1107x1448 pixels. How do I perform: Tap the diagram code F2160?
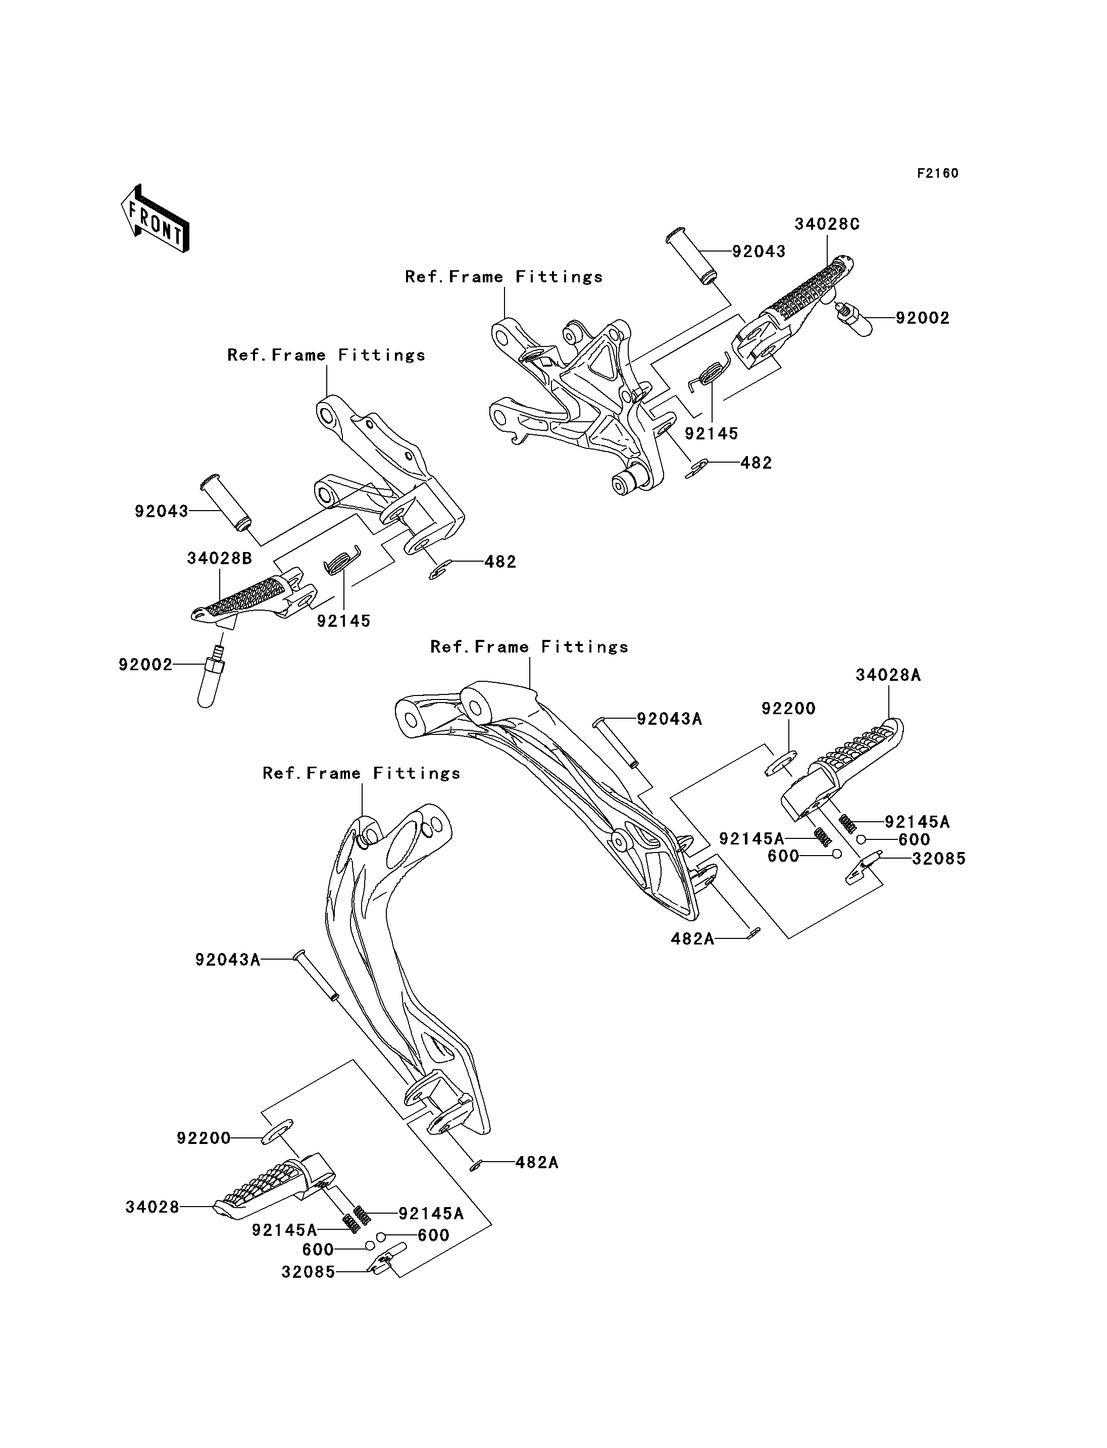coord(938,173)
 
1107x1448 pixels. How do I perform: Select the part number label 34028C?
coord(827,224)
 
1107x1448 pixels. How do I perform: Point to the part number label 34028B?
coord(219,558)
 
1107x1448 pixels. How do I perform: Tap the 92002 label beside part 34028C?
coord(923,318)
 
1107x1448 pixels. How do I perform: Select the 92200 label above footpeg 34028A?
coord(789,709)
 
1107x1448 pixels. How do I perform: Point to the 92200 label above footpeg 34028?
coord(204,1138)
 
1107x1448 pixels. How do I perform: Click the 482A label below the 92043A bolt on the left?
coord(536,1163)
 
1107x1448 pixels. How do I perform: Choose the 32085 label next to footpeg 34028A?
coord(939,859)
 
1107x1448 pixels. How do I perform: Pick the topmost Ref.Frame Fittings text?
coord(504,277)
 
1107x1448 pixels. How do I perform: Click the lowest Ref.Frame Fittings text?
coord(362,773)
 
